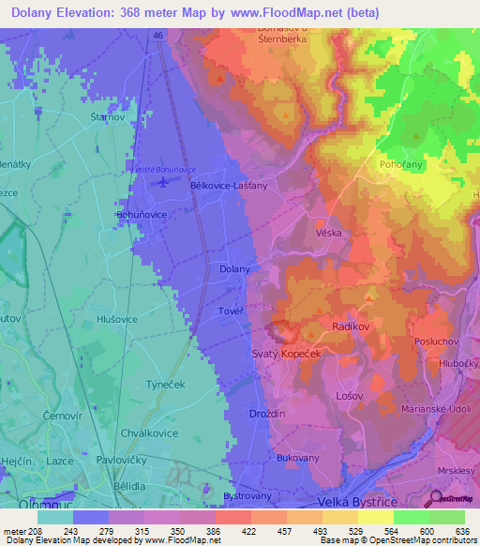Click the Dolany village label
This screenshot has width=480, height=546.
pyautogui.click(x=234, y=269)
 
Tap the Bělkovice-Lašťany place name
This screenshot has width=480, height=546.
pyautogui.click(x=229, y=186)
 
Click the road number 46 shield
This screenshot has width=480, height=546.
pyautogui.click(x=158, y=35)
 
